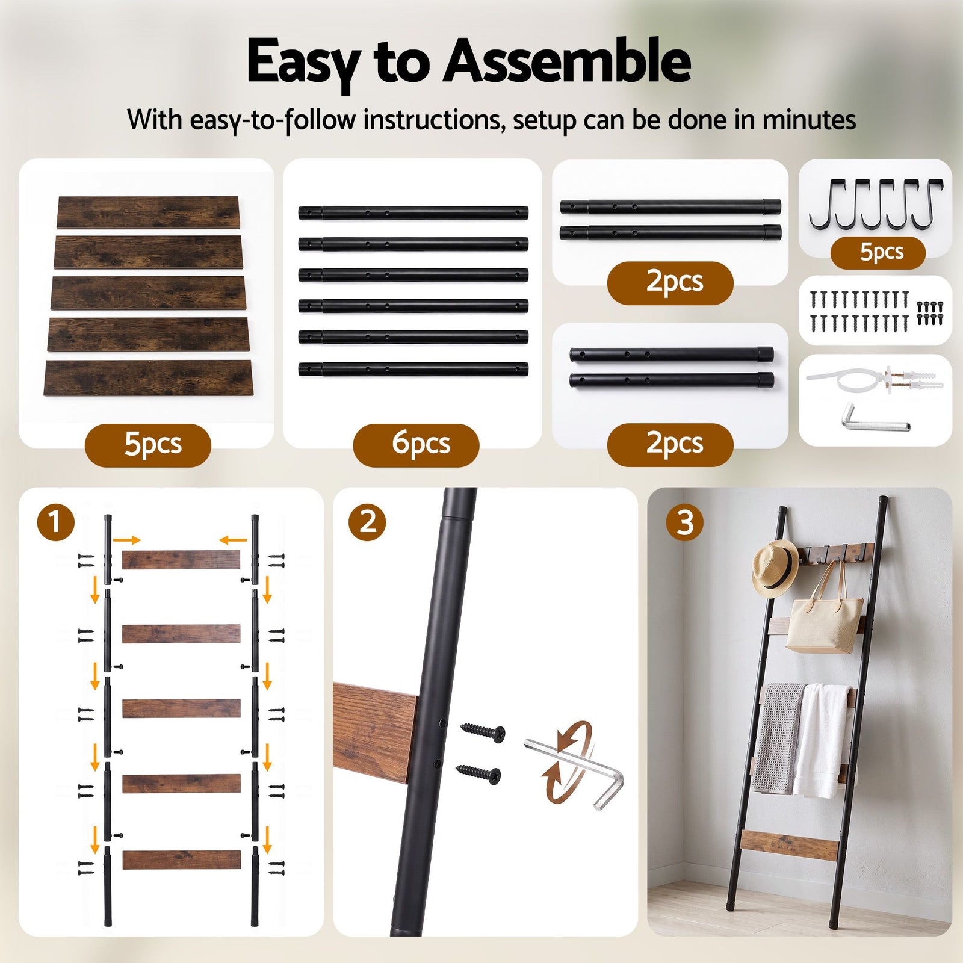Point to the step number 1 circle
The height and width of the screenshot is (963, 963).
(55, 521)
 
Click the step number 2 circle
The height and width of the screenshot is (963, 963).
(367, 521)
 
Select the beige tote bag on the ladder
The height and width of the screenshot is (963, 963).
(825, 620)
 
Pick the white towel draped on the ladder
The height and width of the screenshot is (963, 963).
(822, 740)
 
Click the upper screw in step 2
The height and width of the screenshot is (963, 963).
(483, 731)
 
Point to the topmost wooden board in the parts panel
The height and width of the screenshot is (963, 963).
(149, 212)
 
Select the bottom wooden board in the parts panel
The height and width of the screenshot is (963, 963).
(149, 378)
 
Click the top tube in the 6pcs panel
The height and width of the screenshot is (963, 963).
(413, 212)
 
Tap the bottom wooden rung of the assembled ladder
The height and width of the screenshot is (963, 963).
(789, 844)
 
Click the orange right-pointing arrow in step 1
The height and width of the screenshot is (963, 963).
(126, 540)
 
